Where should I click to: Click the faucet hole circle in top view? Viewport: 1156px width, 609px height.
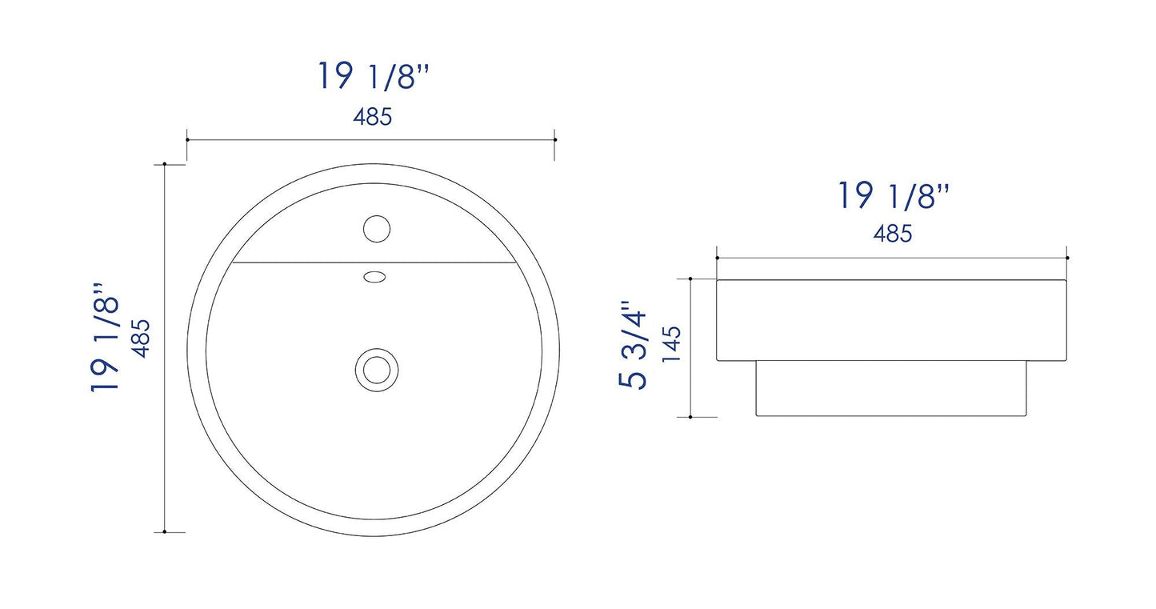(376, 228)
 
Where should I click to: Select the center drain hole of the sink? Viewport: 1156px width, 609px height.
(374, 369)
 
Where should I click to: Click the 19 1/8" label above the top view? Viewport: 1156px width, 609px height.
(374, 77)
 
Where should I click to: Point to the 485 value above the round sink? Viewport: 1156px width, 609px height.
(373, 117)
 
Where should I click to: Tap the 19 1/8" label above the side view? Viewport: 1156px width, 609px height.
(893, 196)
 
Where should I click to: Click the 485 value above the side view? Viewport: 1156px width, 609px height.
(893, 234)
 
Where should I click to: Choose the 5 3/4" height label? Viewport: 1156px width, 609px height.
(632, 345)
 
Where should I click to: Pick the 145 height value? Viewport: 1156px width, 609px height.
(671, 345)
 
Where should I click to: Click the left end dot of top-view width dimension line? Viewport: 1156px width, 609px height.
(187, 138)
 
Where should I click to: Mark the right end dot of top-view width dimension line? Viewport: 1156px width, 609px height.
(554, 138)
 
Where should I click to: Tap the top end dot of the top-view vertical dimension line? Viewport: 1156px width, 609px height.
(164, 164)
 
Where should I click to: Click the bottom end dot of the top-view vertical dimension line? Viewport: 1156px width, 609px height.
(164, 531)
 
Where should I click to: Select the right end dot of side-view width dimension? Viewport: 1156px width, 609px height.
(1068, 258)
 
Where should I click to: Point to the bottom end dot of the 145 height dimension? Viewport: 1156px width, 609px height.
(690, 416)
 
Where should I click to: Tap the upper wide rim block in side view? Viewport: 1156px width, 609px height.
(892, 320)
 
